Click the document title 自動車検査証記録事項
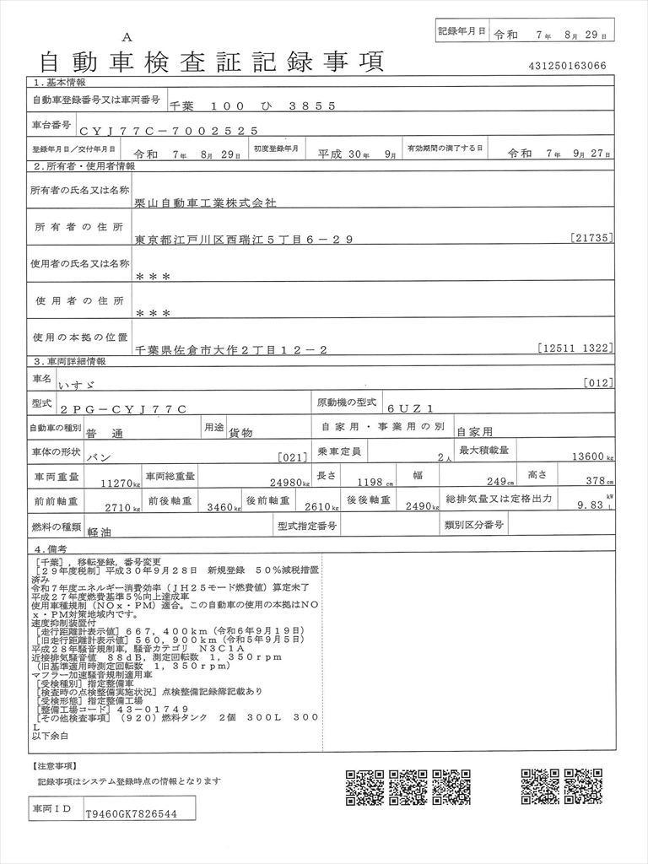click(x=211, y=61)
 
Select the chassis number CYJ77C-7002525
click(x=164, y=131)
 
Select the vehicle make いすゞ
click(x=152, y=384)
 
